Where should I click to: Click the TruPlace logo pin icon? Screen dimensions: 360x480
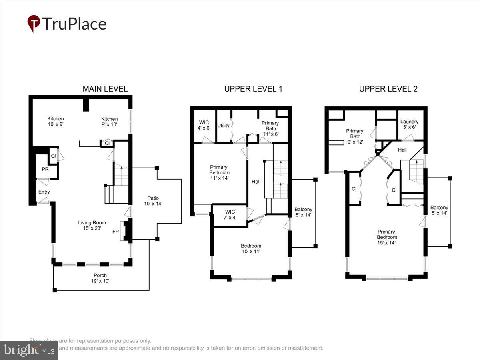(x=34, y=23)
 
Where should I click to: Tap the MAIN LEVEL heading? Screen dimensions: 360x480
(x=105, y=89)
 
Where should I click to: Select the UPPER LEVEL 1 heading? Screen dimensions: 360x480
(x=253, y=89)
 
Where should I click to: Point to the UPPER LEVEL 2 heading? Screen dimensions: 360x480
(x=388, y=89)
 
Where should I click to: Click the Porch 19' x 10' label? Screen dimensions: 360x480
(x=100, y=278)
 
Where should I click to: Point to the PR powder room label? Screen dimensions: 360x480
(x=45, y=170)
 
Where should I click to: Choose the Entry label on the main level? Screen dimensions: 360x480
(x=44, y=192)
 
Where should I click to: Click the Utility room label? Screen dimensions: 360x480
(x=223, y=126)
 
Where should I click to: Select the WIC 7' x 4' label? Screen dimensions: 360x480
(x=230, y=214)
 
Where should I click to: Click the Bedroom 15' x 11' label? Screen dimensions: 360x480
(x=251, y=248)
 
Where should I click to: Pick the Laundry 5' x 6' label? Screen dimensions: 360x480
(x=409, y=124)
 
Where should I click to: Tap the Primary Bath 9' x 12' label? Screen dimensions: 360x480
(x=354, y=136)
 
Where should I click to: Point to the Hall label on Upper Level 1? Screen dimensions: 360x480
(x=256, y=182)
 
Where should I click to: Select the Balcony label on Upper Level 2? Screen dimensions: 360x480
(x=439, y=210)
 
